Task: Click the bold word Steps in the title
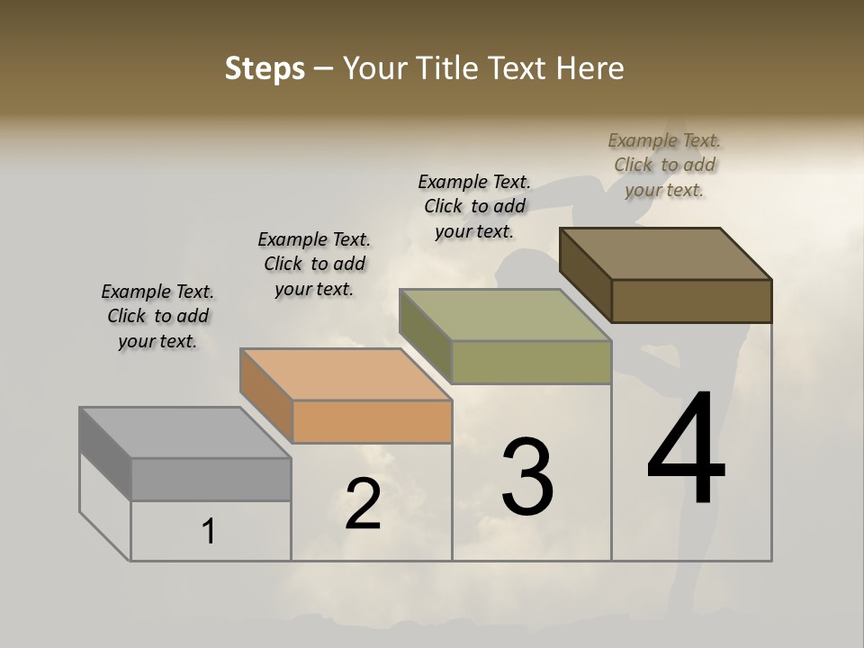click(x=265, y=68)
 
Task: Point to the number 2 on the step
click(x=364, y=504)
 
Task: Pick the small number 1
click(x=209, y=532)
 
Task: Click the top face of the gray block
click(x=184, y=433)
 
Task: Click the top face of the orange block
click(x=346, y=374)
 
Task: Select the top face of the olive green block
click(x=505, y=315)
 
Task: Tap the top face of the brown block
click(x=665, y=254)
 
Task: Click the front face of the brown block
click(x=691, y=301)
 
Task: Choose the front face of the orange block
click(x=372, y=421)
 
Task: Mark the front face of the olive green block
click(x=531, y=362)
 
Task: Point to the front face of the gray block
click(x=211, y=479)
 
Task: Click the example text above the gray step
click(x=157, y=316)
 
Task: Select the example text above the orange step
click(x=314, y=264)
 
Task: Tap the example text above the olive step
click(x=474, y=206)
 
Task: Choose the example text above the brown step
click(x=664, y=165)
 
